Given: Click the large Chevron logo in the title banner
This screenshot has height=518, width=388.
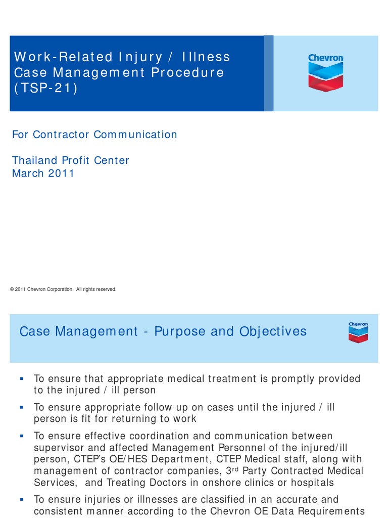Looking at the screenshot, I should [325, 73].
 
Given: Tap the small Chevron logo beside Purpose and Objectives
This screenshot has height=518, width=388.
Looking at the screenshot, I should [358, 332].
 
